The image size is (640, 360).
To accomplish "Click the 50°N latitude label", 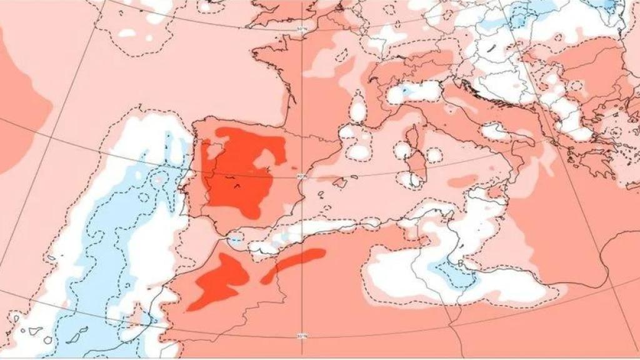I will pos(302,29).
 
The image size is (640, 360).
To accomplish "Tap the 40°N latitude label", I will pos(302,176).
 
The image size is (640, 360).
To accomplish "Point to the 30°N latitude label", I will pos(302,336).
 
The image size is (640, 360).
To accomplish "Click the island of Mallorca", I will pos(339,182).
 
